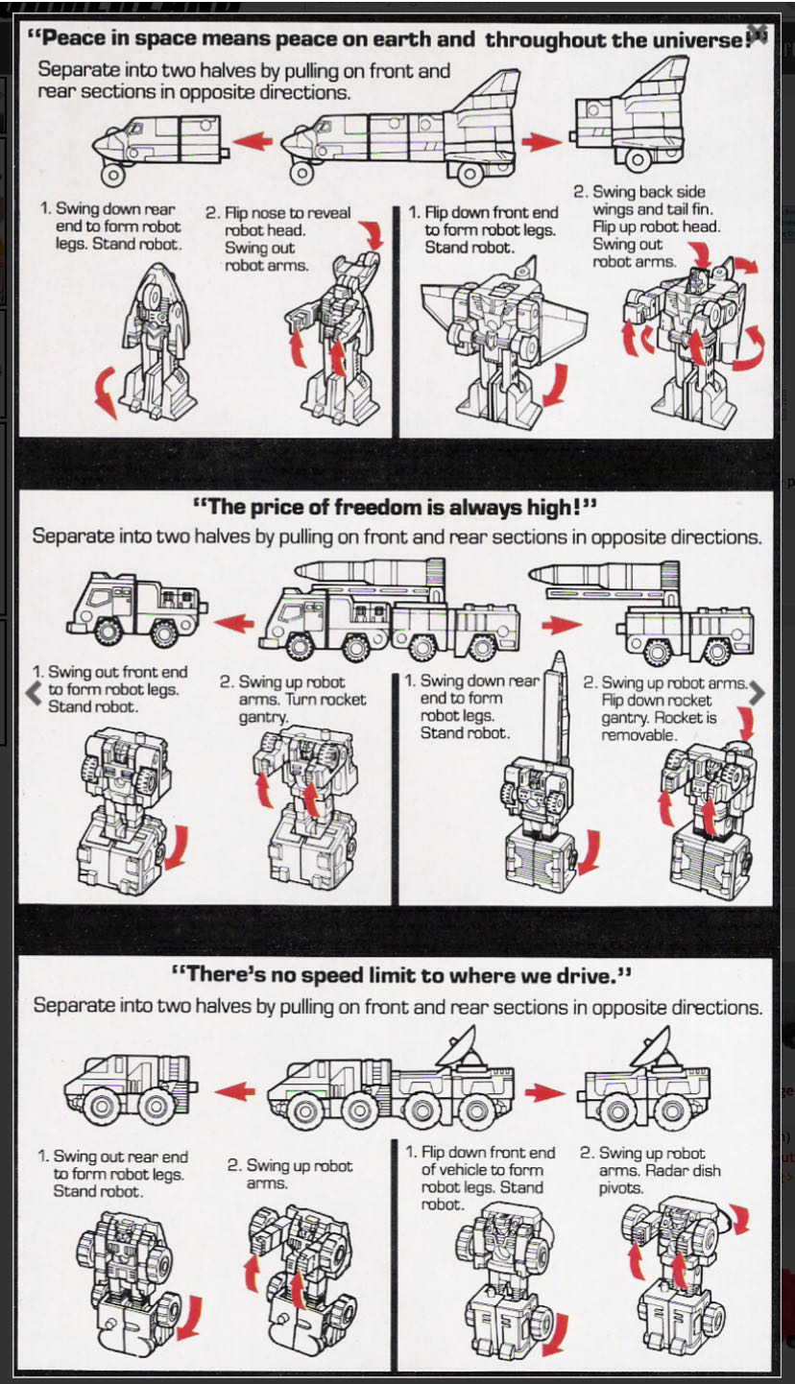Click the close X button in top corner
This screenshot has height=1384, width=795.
coord(758,33)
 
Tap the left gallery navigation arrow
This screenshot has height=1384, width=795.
coord(33,693)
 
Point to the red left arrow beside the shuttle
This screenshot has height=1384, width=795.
coord(253,142)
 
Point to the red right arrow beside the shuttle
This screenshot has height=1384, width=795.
coord(541,142)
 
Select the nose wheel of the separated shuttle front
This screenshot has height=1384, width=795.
coord(114,176)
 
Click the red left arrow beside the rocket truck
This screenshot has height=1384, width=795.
coord(233,624)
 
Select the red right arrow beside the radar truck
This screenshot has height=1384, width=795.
coord(544,1092)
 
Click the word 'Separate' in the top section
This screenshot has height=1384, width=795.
coord(75,70)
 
